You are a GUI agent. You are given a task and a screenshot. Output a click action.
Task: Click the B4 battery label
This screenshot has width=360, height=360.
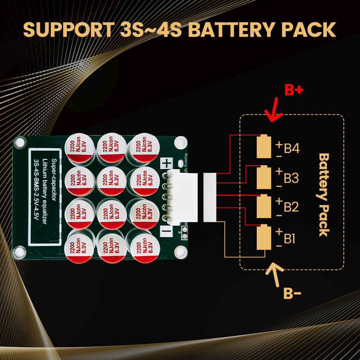(x=292, y=149)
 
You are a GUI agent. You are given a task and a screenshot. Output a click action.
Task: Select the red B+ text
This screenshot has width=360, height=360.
(x=293, y=90)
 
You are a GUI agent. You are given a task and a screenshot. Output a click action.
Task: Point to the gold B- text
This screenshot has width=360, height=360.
(x=292, y=294)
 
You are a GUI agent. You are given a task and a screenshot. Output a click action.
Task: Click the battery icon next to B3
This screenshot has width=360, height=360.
(x=264, y=177)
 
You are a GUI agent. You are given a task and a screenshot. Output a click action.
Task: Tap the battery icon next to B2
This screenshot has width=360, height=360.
(x=264, y=207)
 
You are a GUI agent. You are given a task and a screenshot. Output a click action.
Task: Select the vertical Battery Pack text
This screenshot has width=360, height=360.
(x=324, y=195)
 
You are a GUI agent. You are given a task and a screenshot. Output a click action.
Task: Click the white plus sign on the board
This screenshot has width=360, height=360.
(x=167, y=163)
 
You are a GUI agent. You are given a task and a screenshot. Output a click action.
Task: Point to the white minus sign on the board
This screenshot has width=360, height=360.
(x=167, y=231)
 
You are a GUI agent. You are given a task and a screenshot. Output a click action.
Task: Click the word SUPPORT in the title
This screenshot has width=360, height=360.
(x=67, y=30)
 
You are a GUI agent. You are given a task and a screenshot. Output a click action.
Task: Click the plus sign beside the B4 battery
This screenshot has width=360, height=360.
(x=278, y=144)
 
